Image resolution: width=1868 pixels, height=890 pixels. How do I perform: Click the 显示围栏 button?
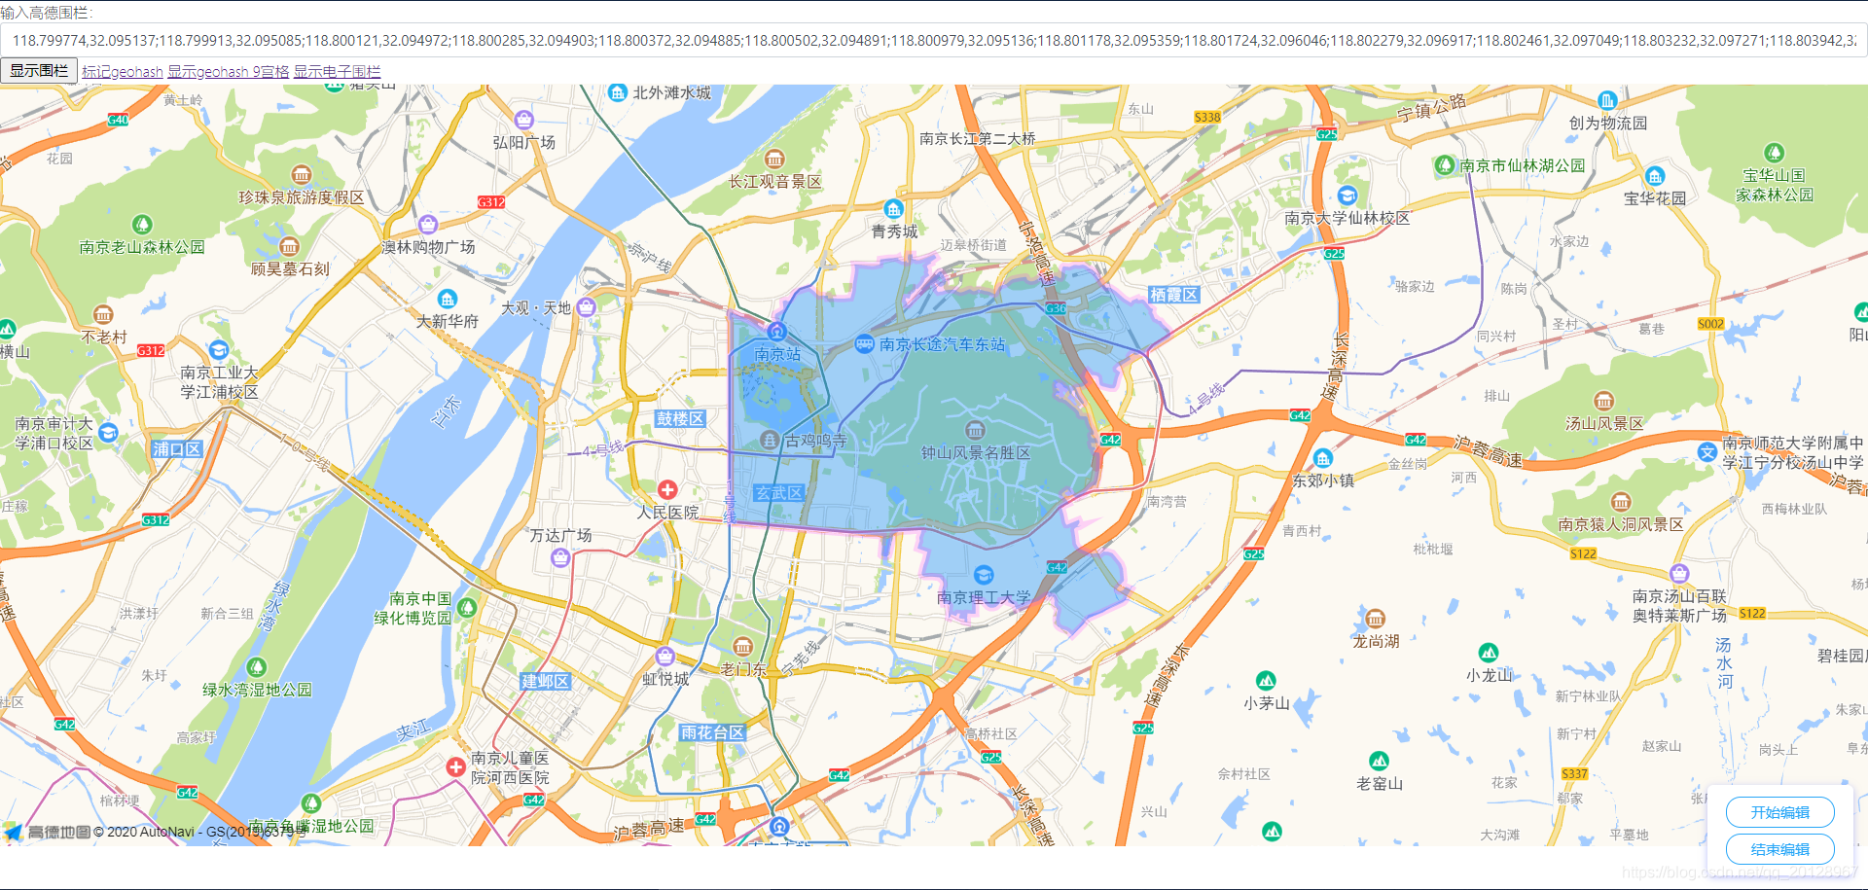[39, 71]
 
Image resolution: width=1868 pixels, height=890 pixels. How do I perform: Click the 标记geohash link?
[123, 72]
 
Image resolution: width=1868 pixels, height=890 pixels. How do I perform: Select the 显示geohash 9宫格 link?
[229, 72]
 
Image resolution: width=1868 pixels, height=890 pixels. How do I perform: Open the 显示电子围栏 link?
[337, 72]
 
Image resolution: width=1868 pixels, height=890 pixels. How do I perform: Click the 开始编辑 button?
[1779, 812]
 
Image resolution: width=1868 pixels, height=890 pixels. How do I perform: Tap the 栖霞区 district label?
[1173, 295]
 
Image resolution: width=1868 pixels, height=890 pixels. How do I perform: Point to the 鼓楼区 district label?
[680, 418]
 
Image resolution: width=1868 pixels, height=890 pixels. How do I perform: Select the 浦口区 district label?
[176, 449]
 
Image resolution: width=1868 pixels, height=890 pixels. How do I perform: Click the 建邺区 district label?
[545, 681]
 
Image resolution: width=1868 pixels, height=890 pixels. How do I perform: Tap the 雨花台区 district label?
[712, 732]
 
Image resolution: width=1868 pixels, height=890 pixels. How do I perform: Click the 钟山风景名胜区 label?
[976, 452]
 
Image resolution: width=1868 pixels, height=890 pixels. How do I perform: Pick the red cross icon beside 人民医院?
[667, 489]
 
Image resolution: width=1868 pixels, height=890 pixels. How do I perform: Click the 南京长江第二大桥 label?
[977, 139]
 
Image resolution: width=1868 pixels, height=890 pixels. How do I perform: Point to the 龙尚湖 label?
[1376, 641]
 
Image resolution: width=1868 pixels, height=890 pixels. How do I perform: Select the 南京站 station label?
[777, 354]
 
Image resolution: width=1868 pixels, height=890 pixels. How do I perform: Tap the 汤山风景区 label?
[1603, 423]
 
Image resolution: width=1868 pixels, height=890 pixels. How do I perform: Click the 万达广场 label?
[560, 536]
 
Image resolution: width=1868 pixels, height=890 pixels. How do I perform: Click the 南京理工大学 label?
[983, 597]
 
